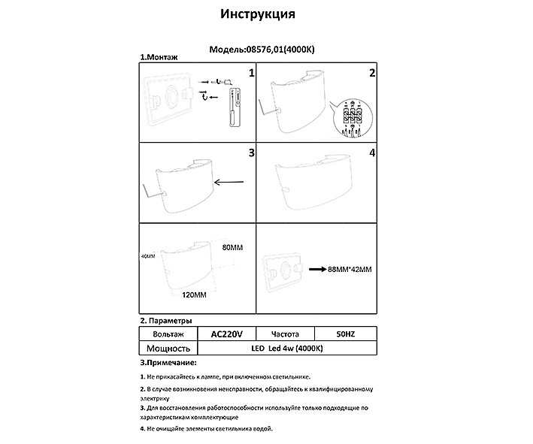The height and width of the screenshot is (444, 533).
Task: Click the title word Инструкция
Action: [x=257, y=14]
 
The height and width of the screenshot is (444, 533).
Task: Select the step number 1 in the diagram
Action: [x=252, y=73]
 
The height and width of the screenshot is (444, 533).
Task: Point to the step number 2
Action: [x=371, y=73]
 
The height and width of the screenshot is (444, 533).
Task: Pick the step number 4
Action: [x=371, y=153]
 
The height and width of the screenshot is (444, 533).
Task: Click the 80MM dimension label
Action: [x=235, y=247]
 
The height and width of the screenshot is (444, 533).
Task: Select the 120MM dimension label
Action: [x=196, y=294]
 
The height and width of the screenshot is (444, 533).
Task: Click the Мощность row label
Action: [x=167, y=348]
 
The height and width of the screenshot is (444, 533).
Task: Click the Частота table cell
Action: [x=285, y=334]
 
